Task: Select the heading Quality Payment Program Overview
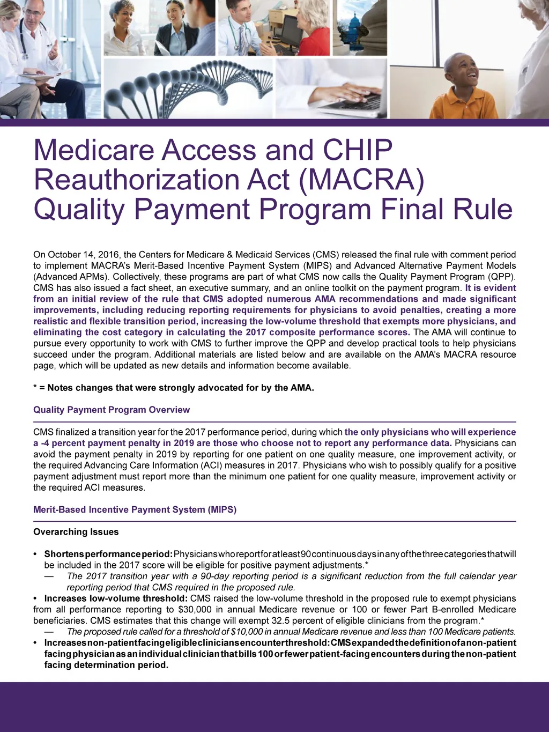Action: coord(112,410)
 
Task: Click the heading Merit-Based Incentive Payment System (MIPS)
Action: coord(135,509)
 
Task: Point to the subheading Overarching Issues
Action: coord(76,532)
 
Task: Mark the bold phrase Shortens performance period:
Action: coord(108,554)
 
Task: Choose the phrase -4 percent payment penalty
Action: coord(92,443)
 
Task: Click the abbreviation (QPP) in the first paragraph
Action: coord(503,277)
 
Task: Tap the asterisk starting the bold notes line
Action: coord(35,388)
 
